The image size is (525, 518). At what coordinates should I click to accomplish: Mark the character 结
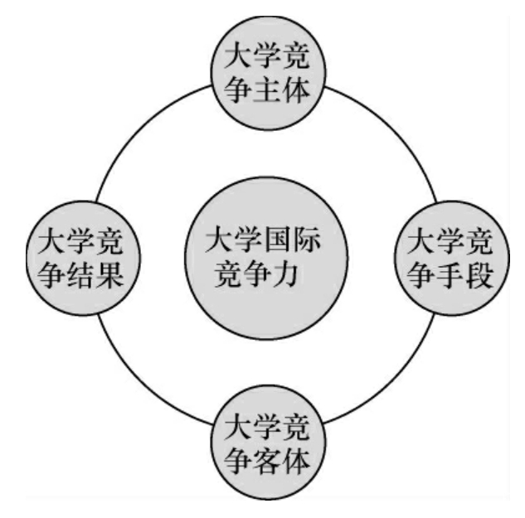[80, 274]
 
